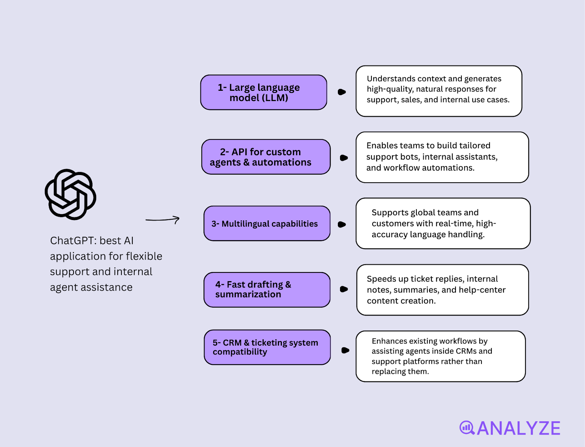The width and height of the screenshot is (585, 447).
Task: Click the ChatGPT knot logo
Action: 71,194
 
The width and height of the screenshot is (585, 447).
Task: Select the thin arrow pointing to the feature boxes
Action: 162,220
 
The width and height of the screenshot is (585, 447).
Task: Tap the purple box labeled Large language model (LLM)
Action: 264,92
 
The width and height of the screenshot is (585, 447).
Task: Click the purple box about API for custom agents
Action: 266,157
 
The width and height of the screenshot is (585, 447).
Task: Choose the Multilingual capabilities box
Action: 267,223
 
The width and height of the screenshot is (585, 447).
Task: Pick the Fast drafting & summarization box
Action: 267,290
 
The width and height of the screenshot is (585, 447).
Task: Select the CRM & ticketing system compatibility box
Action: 267,347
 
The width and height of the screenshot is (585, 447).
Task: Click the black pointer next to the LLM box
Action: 341,92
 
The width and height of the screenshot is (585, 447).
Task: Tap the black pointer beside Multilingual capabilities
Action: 341,224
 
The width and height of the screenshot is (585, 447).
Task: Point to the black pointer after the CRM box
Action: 345,350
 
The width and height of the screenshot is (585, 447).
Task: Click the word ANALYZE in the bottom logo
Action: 518,428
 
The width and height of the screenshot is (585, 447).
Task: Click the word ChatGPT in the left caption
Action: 73,241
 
